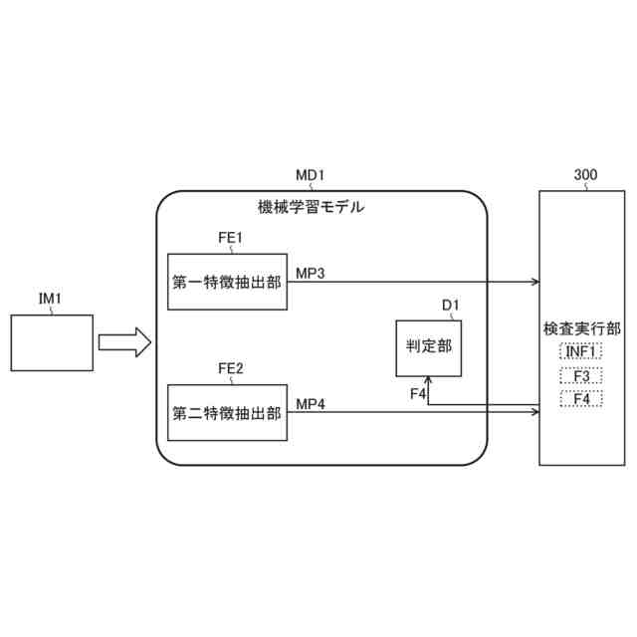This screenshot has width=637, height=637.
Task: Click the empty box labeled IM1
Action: (x=52, y=342)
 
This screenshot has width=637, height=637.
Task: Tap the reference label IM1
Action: (x=50, y=299)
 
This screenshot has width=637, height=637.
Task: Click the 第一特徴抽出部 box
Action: (x=227, y=282)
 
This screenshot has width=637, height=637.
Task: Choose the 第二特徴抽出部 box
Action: (x=227, y=411)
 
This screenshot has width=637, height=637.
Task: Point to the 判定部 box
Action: (x=429, y=347)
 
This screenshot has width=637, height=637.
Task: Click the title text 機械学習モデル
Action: (x=311, y=208)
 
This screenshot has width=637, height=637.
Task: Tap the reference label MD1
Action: (x=312, y=175)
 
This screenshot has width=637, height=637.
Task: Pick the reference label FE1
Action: (x=230, y=238)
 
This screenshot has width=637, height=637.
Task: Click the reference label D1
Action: (x=450, y=305)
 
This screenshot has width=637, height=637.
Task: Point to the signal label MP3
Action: (x=311, y=273)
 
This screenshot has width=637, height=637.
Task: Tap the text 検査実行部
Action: (x=582, y=328)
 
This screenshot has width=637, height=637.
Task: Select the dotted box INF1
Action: (x=581, y=352)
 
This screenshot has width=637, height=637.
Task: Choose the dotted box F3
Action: (x=581, y=376)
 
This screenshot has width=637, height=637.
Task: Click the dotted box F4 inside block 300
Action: (x=581, y=399)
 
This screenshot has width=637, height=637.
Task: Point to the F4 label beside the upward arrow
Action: (x=418, y=395)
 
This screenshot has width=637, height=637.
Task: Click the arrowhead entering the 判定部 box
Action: (x=429, y=380)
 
